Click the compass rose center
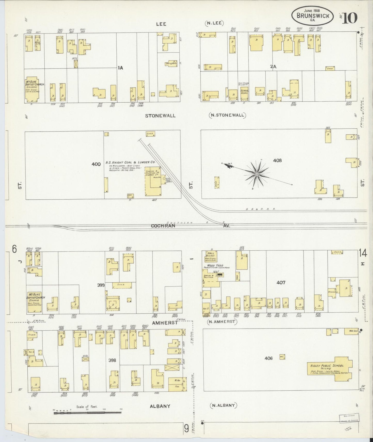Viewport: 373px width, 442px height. [x=257, y=175]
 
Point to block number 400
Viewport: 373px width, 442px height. [x=96, y=164]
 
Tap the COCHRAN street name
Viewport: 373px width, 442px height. [x=163, y=226]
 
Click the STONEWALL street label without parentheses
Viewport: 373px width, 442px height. [x=160, y=116]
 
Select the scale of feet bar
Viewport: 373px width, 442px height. [x=88, y=413]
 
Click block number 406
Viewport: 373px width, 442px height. [x=269, y=358]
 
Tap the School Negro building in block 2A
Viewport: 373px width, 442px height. [x=244, y=92]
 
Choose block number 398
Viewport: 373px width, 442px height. [x=112, y=360]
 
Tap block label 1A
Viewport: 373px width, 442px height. [x=120, y=68]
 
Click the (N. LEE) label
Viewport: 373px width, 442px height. [x=215, y=24]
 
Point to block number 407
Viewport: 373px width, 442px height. [x=281, y=282]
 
